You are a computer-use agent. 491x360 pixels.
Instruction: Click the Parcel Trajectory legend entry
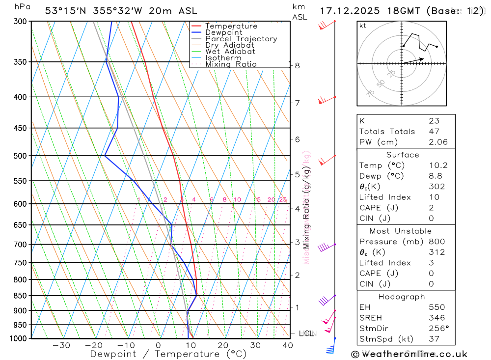click(x=241, y=39)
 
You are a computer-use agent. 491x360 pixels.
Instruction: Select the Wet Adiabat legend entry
click(x=230, y=52)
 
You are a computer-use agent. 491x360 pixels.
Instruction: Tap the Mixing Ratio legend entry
click(x=231, y=64)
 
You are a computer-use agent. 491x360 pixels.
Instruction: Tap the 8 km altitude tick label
click(x=298, y=65)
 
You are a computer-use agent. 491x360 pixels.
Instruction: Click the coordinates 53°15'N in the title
click(x=67, y=11)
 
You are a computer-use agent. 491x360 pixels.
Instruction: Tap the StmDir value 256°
click(x=436, y=329)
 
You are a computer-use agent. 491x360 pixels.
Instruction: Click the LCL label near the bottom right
click(x=306, y=334)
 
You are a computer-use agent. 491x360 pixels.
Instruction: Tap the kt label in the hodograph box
click(x=363, y=26)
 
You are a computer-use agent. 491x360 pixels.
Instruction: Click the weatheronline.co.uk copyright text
click(x=409, y=354)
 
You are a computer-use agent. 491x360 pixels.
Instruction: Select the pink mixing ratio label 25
click(x=283, y=199)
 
